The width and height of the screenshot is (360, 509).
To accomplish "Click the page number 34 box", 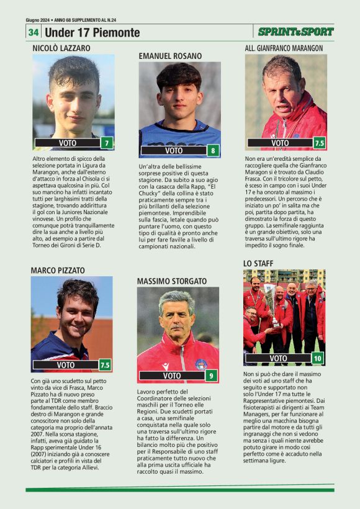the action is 33,32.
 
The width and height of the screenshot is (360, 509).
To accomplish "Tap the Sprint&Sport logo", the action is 295,32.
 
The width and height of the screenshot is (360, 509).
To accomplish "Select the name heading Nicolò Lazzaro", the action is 61,48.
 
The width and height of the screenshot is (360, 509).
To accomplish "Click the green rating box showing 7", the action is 107,143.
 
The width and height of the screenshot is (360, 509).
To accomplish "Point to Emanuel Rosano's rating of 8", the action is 214,150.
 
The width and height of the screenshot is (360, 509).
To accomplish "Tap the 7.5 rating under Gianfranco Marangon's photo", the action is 320,143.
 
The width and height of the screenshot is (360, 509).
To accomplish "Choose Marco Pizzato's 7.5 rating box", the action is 105,365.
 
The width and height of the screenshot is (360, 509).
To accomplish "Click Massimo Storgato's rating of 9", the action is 212,376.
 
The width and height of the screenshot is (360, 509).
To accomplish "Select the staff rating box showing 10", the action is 317,358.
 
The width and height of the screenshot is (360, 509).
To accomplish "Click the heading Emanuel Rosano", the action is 170,56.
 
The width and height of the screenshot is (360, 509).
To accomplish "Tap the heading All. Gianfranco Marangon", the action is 284,48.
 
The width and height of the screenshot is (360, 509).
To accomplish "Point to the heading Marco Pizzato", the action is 58,270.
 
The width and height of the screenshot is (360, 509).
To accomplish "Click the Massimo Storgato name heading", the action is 171,281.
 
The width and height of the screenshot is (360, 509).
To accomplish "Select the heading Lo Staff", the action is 258,264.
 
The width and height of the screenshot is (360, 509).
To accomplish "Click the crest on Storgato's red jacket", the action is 200,364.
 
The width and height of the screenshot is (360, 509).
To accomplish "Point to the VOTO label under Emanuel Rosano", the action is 174,150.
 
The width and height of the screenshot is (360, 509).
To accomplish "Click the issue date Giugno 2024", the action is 38,20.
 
